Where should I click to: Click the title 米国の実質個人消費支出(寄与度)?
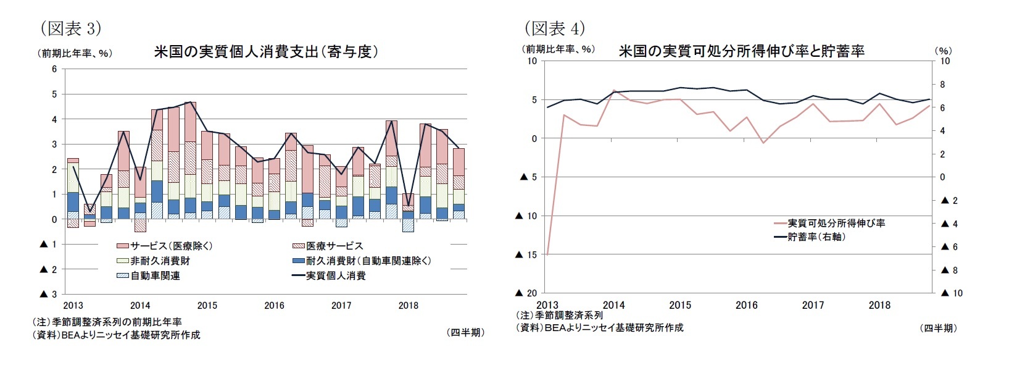(x=265, y=52)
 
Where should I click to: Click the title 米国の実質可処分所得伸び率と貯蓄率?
(x=741, y=51)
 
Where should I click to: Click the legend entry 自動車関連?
(x=155, y=275)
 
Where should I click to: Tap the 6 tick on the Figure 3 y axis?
(x=54, y=69)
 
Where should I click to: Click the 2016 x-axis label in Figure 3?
(x=274, y=305)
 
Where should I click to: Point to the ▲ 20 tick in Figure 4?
(x=528, y=293)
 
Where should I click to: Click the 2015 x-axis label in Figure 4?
(x=680, y=305)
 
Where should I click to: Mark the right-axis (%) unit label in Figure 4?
(x=943, y=51)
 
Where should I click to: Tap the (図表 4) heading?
(x=554, y=28)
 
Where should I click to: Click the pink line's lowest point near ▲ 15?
(x=547, y=254)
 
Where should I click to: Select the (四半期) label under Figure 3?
(x=465, y=332)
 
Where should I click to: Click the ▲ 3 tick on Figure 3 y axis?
(x=48, y=294)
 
